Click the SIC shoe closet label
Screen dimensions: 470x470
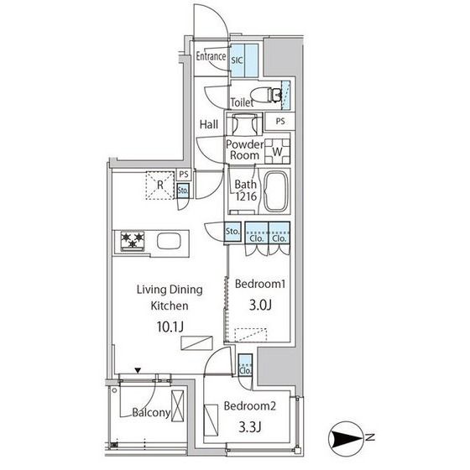pos(237,60)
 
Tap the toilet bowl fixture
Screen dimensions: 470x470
pos(265,94)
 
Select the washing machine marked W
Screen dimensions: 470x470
pos(277,151)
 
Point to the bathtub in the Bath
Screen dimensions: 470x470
pos(276,191)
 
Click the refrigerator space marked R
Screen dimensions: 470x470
pos(160,185)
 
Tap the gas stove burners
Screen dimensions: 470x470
pos(133,241)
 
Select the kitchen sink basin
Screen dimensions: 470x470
pos(169,242)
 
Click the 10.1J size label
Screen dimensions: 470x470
pos(170,326)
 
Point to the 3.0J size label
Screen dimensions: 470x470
pos(260,305)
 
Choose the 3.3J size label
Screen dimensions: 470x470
pos(250,426)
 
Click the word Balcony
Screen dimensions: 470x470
pos(151,413)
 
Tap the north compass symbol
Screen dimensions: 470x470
pos(344,438)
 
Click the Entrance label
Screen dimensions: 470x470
pos(211,56)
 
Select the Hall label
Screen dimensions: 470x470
pos(209,124)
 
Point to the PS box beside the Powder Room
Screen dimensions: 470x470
pos(280,122)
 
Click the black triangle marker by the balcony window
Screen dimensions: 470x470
pos(138,371)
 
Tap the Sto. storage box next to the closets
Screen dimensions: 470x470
pos(232,232)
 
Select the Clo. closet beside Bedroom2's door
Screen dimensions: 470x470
pos(245,365)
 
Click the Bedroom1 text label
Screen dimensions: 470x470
pos(260,284)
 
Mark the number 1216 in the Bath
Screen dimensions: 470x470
pos(246,196)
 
